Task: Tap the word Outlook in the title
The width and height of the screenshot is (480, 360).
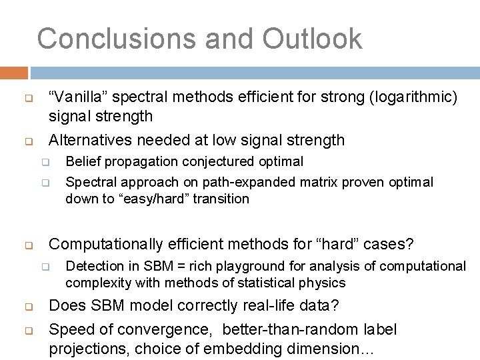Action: click(312, 39)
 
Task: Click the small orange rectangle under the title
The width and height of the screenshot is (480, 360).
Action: click(14, 72)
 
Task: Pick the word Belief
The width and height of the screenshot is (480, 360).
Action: click(81, 161)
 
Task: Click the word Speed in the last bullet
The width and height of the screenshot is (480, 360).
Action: click(70, 329)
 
